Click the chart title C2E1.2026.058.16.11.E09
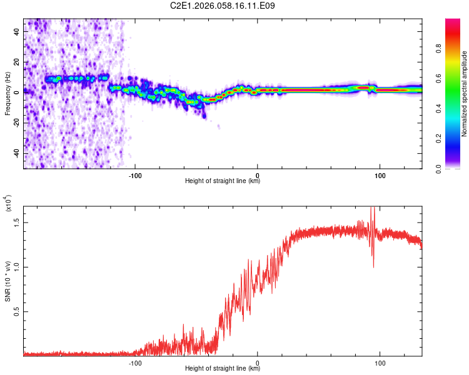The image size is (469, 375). pos(223,6)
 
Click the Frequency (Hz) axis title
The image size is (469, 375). pos(8,93)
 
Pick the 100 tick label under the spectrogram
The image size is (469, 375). pos(380,175)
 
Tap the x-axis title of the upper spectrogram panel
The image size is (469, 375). pos(223,181)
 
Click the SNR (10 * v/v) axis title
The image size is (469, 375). pos(8,280)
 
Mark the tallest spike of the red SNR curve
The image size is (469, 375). pos(373,208)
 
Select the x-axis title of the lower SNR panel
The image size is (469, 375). pos(223,369)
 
